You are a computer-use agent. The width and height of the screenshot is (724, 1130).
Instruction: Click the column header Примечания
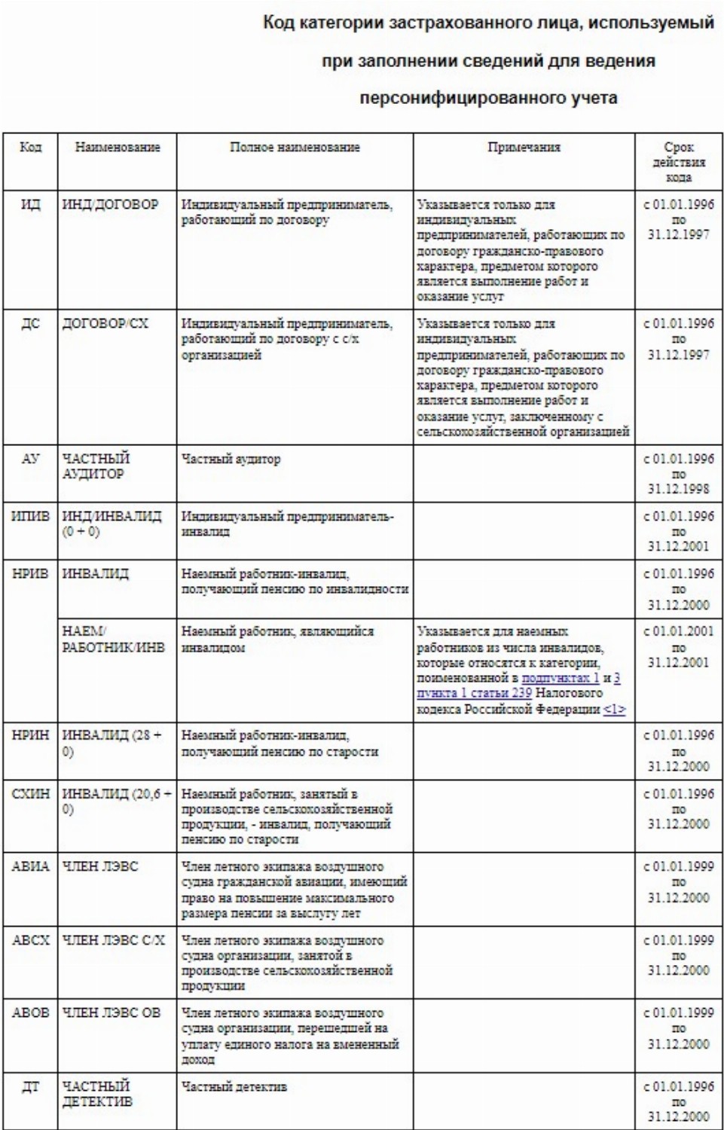(x=524, y=148)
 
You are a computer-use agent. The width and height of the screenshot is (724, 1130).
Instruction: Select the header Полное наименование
(x=295, y=148)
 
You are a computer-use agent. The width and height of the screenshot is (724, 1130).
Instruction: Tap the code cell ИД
(x=30, y=205)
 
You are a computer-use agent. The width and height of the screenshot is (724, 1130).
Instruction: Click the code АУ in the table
(x=30, y=459)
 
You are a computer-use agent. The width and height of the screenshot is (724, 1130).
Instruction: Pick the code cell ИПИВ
(x=30, y=517)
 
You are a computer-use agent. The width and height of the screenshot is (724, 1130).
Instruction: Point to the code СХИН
(x=30, y=794)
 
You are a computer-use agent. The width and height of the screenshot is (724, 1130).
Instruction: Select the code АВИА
(x=30, y=867)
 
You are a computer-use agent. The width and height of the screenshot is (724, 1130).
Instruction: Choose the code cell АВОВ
(x=30, y=1013)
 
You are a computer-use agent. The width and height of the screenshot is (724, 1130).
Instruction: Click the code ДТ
(x=30, y=1087)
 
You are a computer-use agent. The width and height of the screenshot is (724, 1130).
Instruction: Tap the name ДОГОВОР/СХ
(x=105, y=324)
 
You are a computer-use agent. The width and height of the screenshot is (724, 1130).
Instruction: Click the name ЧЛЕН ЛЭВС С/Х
(x=113, y=941)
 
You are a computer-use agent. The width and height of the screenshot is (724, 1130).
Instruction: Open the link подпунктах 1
(x=561, y=678)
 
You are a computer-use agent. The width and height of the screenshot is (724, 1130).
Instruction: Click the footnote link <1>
(x=614, y=709)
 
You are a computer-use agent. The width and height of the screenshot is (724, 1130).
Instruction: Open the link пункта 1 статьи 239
(x=475, y=693)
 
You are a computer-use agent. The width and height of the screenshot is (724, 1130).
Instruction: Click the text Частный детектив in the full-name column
(x=234, y=1087)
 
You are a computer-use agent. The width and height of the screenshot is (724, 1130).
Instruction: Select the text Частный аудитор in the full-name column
(x=231, y=459)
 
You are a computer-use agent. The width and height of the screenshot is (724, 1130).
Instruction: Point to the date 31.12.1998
(x=678, y=489)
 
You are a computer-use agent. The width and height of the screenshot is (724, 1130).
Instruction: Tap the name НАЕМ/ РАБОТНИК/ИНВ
(x=113, y=640)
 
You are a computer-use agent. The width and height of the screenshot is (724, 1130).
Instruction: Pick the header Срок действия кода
(x=678, y=162)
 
